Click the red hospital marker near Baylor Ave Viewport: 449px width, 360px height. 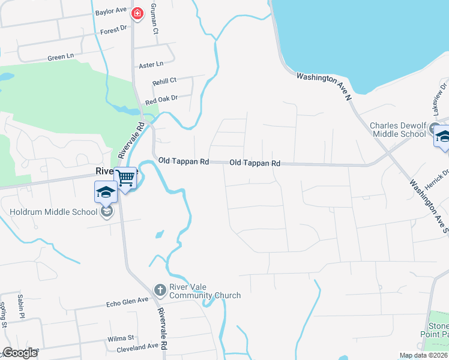137,13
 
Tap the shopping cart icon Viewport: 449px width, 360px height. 125,178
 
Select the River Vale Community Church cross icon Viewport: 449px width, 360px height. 160,290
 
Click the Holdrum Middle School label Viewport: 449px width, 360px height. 53,212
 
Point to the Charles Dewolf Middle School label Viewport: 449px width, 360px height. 398,130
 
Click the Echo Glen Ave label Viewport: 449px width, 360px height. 127,300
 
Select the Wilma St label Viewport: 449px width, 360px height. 121,339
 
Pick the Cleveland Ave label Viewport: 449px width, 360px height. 137,346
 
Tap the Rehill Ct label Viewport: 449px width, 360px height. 164,80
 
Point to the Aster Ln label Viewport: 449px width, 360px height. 151,64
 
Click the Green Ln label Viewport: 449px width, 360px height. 61,57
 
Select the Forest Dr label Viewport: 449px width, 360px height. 114,29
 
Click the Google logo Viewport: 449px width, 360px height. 20,353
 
